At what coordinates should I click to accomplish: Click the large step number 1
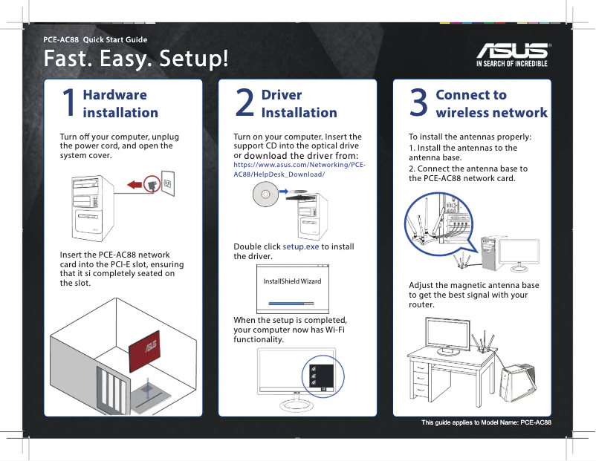pos(68,103)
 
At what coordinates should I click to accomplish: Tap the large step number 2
pos(244,103)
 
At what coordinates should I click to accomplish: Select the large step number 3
pos(419,103)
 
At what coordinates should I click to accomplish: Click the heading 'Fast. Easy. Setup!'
pos(136,57)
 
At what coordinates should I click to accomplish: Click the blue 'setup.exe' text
pos(301,246)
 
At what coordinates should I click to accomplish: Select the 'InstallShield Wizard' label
pos(292,281)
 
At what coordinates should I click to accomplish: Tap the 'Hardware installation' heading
pos(120,103)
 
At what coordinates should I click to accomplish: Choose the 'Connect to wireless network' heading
pos(491,103)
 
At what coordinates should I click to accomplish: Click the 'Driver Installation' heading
pos(299,103)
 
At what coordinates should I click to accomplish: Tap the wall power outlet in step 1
pos(168,183)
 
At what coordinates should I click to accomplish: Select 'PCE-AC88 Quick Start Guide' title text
pos(95,39)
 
